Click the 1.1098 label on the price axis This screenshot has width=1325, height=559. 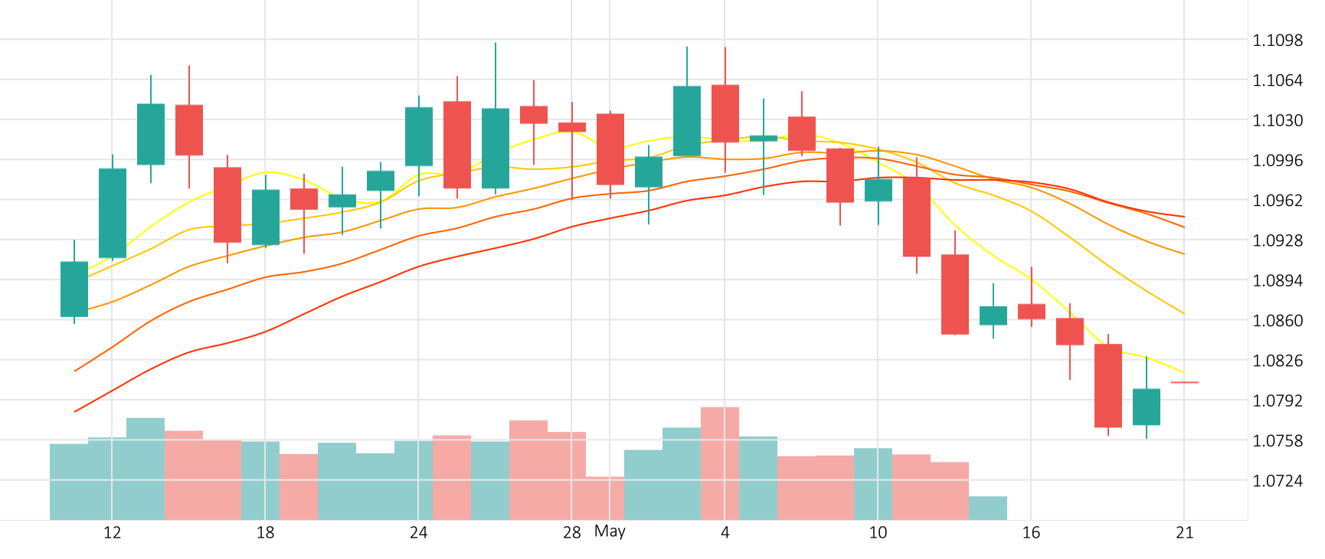(1277, 41)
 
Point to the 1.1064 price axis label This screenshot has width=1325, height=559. (1277, 80)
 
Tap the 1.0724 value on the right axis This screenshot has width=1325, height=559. (1277, 481)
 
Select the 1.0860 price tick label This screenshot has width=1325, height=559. (1277, 321)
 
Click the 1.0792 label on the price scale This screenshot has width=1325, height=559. (1277, 400)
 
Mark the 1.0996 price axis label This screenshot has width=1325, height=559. (1277, 160)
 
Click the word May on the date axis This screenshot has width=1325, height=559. (610, 531)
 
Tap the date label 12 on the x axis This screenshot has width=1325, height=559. (112, 533)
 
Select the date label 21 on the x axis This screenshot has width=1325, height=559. (1184, 533)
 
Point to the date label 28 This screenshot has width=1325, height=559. (571, 533)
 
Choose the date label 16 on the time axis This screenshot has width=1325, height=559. (1031, 533)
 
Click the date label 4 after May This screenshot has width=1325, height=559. (725, 533)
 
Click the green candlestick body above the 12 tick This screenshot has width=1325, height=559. (113, 213)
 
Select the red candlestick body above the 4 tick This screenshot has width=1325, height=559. (725, 113)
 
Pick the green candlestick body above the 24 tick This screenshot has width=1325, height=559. (419, 136)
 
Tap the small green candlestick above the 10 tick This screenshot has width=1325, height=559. (878, 190)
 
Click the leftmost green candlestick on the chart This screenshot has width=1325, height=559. (74, 289)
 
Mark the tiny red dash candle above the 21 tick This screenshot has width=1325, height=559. (1185, 382)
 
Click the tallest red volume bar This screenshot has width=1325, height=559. (720, 463)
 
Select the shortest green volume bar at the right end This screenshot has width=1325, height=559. (988, 508)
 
